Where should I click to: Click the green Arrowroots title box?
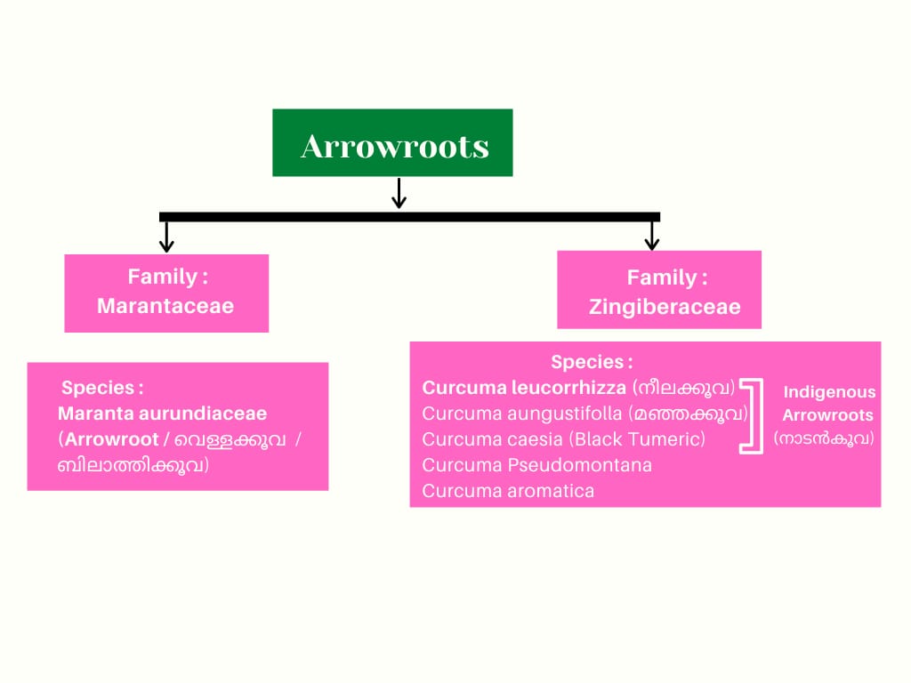click(x=392, y=143)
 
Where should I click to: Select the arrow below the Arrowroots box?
click(x=399, y=193)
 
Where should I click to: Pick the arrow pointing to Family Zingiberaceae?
click(x=652, y=235)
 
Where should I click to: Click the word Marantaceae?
click(x=165, y=306)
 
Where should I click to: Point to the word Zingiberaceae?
click(x=664, y=308)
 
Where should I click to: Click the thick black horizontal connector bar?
click(x=409, y=216)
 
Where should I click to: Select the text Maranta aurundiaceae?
click(x=162, y=414)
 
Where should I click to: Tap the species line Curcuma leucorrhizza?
click(x=524, y=388)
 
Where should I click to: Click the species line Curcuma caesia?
click(x=493, y=439)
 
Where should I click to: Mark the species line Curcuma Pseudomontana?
click(x=536, y=465)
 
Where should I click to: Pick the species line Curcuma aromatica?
click(x=508, y=491)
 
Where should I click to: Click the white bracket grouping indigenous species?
click(x=754, y=416)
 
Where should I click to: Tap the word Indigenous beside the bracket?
click(x=829, y=392)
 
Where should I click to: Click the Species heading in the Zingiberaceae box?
click(x=592, y=362)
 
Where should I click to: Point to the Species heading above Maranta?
click(x=102, y=388)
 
